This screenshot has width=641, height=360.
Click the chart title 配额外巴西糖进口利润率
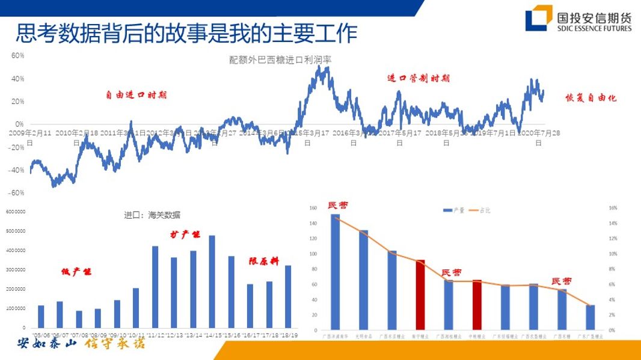coord(280,59)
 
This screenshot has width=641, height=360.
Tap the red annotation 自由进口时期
coord(136,95)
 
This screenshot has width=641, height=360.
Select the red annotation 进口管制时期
coord(418,79)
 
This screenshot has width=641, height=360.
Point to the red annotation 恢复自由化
coord(591,98)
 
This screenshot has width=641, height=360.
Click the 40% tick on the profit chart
coord(17,79)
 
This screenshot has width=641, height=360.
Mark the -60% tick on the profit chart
coord(16,193)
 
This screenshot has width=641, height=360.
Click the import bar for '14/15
coord(212,281)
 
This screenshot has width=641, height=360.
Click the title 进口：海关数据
coord(152,215)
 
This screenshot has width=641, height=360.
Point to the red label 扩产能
coord(185,234)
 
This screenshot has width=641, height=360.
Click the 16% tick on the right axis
coord(613,208)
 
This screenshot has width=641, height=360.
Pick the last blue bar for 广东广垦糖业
coord(590,317)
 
